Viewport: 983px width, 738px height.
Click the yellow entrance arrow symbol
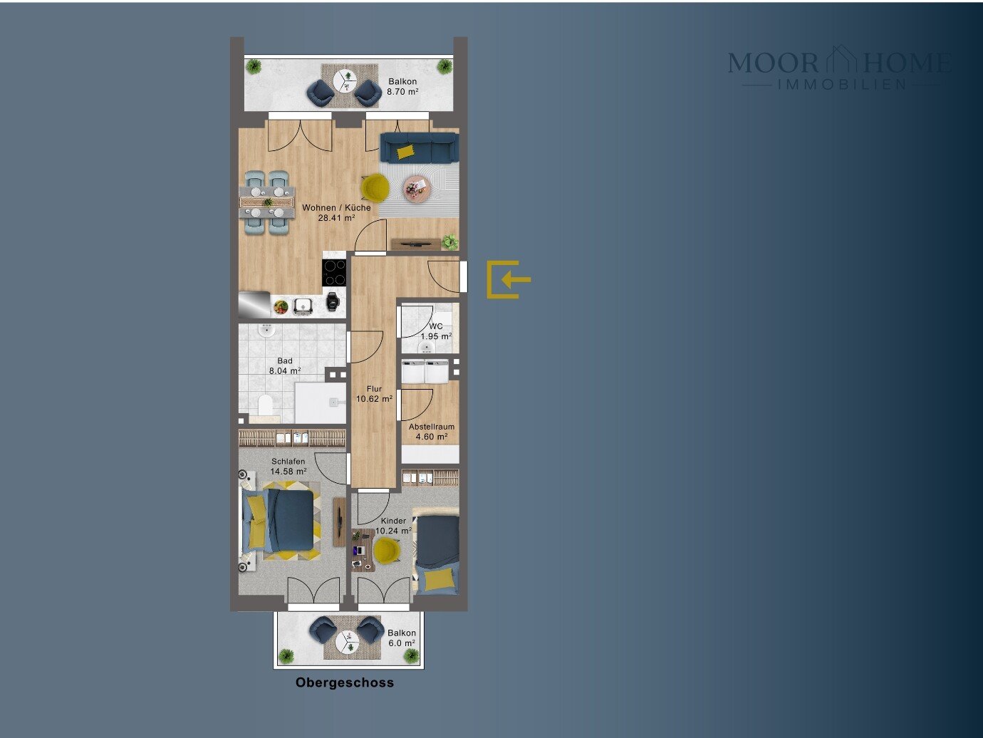(509, 279)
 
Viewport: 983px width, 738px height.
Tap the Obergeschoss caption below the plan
(344, 682)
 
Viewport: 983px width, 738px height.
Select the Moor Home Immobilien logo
(840, 68)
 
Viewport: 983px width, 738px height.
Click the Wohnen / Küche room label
(336, 208)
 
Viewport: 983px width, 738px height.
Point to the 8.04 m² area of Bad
(285, 371)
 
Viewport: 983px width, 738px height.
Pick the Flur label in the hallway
(374, 389)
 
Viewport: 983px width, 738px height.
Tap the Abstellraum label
(431, 427)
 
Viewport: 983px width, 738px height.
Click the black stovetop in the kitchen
(335, 272)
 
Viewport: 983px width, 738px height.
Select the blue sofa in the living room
(419, 147)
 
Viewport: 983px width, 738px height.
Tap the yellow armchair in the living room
(375, 187)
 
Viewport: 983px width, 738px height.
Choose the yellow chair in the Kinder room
(387, 551)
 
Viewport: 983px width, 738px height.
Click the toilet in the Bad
(266, 405)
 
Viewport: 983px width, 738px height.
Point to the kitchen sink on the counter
(303, 306)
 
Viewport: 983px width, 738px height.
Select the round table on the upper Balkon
(345, 81)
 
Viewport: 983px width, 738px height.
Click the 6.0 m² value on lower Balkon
(402, 643)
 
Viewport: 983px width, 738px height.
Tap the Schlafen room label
(288, 462)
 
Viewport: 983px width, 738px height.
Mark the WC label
(436, 326)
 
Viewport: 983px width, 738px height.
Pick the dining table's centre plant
(268, 202)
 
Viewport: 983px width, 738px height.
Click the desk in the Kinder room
(363, 550)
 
